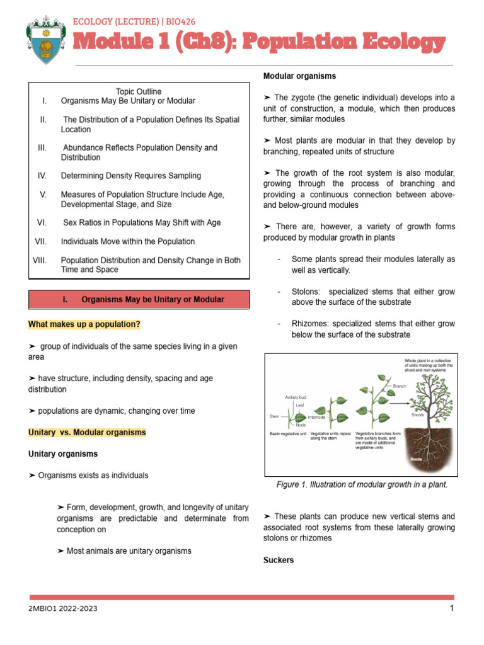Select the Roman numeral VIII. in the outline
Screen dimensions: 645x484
point(39,260)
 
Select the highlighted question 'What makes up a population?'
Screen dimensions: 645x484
point(84,324)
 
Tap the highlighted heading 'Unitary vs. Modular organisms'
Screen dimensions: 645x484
point(87,433)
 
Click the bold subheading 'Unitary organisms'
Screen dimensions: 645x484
point(63,454)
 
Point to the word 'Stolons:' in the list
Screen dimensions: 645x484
point(307,292)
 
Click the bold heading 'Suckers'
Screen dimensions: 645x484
point(279,560)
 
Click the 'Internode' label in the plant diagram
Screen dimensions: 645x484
point(316,418)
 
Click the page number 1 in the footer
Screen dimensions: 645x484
point(452,608)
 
